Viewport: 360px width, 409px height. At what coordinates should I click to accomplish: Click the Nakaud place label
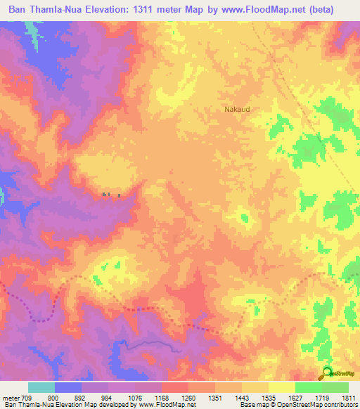(x=237, y=110)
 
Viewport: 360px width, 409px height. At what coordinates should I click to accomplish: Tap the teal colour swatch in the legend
(x=41, y=387)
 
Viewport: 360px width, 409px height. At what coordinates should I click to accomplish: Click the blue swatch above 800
(x=68, y=387)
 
